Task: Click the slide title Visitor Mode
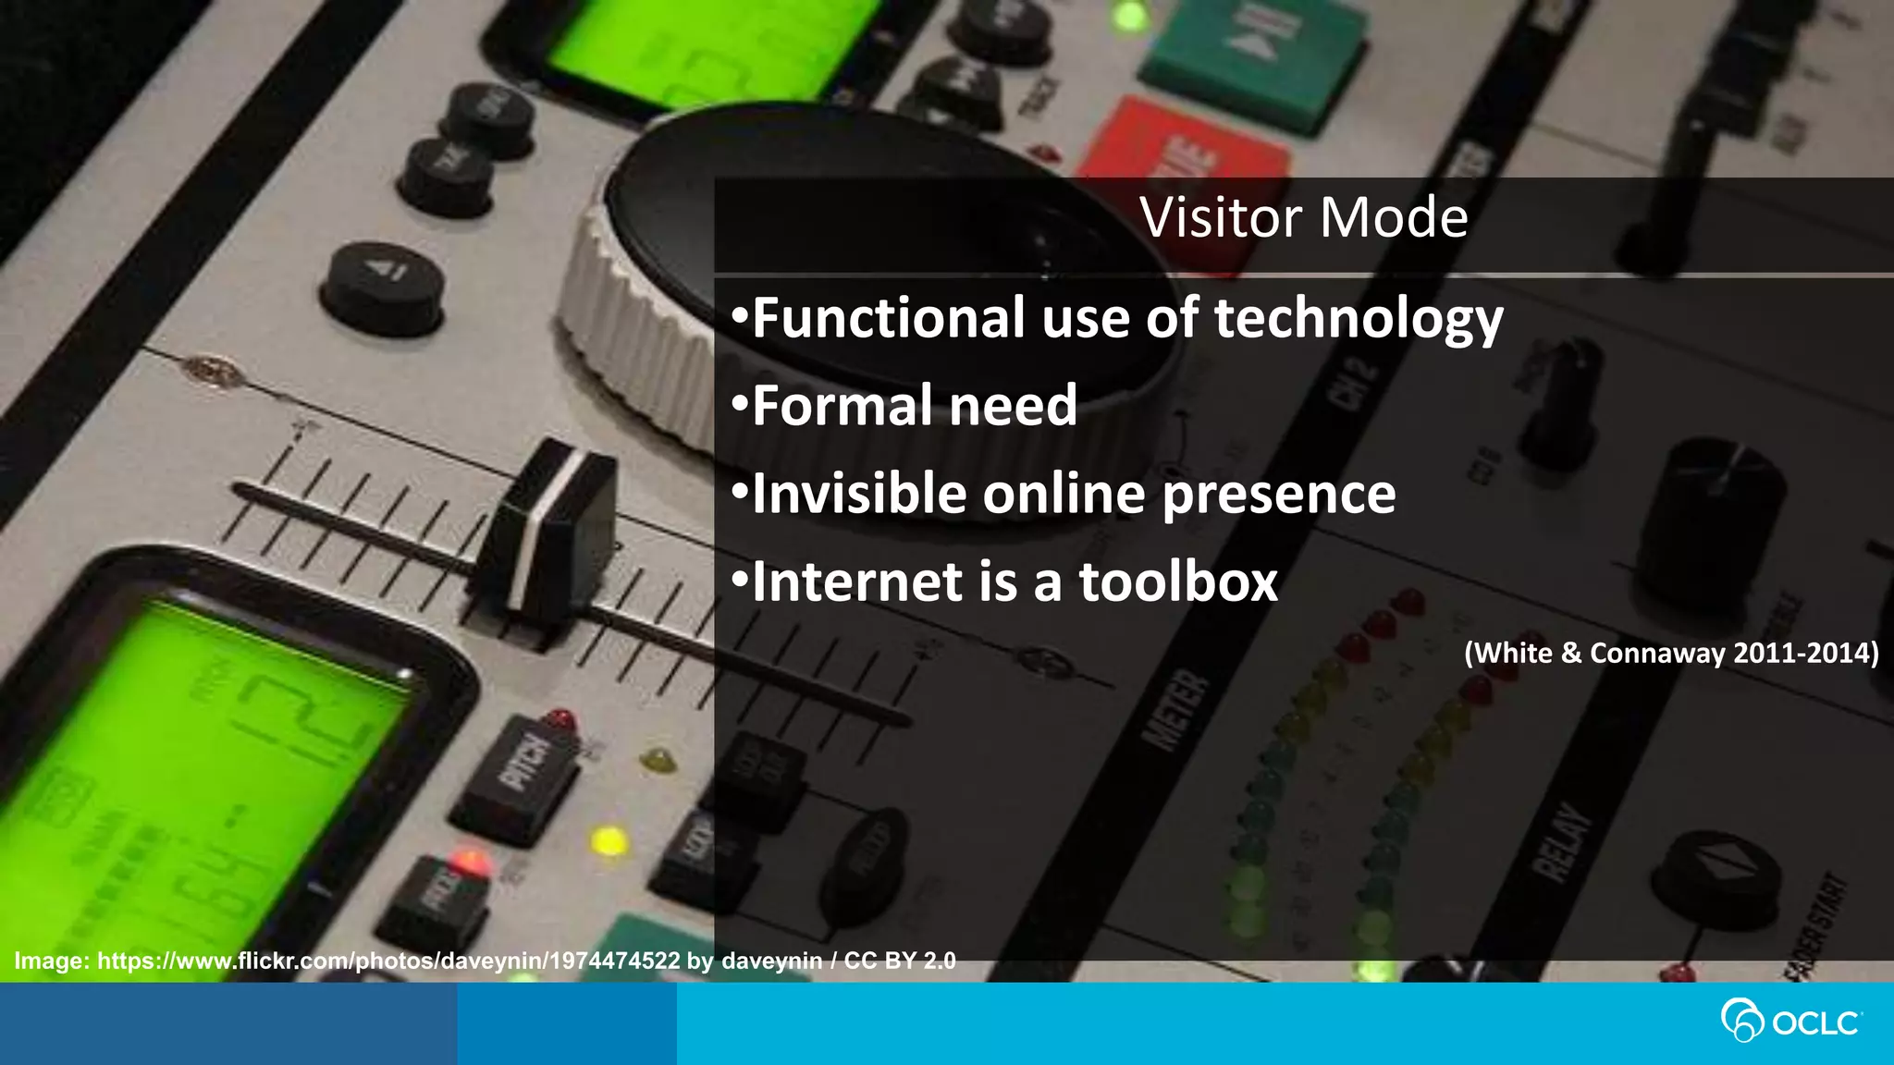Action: [1303, 218]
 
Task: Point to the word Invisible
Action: [857, 494]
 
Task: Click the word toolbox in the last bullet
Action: [1178, 581]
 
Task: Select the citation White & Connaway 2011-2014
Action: [1671, 654]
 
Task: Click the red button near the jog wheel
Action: [1188, 153]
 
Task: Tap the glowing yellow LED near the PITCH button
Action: [608, 841]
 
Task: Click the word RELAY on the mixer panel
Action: [1562, 841]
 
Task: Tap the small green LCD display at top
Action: [703, 46]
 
